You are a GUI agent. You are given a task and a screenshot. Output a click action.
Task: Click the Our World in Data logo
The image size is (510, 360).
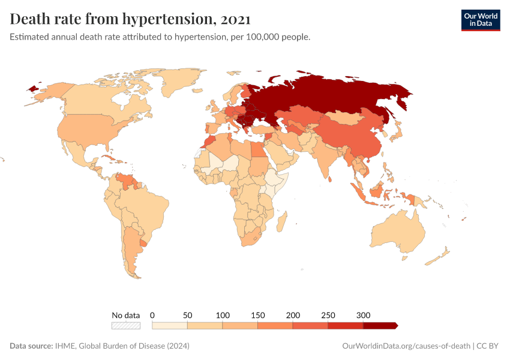[x=480, y=20]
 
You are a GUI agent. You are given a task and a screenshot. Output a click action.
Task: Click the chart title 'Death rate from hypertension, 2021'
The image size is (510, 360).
[x=130, y=19]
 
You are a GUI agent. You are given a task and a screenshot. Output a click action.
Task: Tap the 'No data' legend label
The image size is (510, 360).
[x=126, y=315]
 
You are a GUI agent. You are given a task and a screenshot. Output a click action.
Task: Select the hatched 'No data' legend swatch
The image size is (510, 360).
[x=126, y=325]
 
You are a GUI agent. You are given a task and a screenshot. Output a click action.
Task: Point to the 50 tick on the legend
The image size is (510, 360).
[x=187, y=315]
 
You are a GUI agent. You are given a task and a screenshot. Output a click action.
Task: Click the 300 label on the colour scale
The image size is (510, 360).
[x=364, y=315]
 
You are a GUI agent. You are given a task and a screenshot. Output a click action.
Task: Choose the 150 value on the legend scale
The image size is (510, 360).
[x=258, y=315]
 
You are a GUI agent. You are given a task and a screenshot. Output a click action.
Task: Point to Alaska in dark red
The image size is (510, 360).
[x=33, y=88]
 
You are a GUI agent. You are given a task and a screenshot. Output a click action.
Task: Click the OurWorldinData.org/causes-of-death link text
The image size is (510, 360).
[x=406, y=346]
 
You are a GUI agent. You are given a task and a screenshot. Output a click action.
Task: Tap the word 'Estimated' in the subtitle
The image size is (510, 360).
[x=31, y=37]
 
